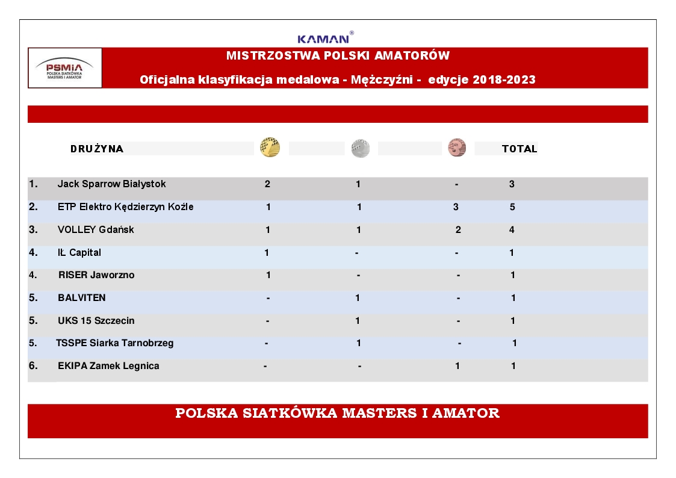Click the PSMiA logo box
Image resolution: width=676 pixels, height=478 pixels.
pyautogui.click(x=65, y=68)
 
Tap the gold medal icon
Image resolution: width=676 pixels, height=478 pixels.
pyautogui.click(x=270, y=147)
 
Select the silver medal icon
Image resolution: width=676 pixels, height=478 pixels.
pyautogui.click(x=361, y=148)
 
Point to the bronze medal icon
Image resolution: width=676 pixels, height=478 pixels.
pyautogui.click(x=457, y=147)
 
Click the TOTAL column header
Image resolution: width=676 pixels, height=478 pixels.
pyautogui.click(x=519, y=149)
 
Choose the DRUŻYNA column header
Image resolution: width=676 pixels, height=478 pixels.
pyautogui.click(x=97, y=149)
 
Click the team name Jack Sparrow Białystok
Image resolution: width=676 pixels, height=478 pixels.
pyautogui.click(x=111, y=184)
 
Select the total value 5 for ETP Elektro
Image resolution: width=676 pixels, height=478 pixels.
pyautogui.click(x=512, y=206)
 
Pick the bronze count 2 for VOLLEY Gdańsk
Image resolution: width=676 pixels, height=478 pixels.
pyautogui.click(x=459, y=229)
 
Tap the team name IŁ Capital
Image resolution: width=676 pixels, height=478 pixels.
pyautogui.click(x=79, y=252)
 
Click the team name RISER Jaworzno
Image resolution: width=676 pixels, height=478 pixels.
pyautogui.click(x=96, y=275)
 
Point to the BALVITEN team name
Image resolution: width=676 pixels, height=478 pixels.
pyautogui.click(x=82, y=297)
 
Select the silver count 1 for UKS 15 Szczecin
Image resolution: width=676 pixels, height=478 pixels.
pyautogui.click(x=358, y=320)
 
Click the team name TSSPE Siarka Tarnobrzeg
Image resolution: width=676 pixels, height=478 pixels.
pyautogui.click(x=115, y=343)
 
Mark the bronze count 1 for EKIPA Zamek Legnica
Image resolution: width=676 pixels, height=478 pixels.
pyautogui.click(x=457, y=365)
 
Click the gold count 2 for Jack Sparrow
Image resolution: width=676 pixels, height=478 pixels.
pyautogui.click(x=267, y=184)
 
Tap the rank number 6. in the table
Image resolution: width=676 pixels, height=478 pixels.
pyautogui.click(x=33, y=365)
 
